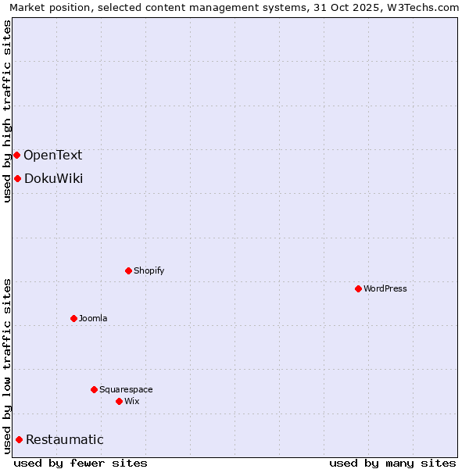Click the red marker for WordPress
point(358,288)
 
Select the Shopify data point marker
point(128,270)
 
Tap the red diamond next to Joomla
point(73,318)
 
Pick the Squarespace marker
point(94,389)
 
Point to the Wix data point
point(119,401)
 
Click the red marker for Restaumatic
point(19,439)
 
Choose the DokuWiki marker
point(17,178)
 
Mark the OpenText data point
point(16,155)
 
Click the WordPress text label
point(385,288)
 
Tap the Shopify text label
point(149,270)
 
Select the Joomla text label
point(93,318)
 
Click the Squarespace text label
point(126,389)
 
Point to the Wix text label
point(132,401)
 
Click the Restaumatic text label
point(64,439)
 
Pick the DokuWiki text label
point(53,178)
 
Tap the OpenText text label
point(52,155)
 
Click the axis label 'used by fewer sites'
point(81,463)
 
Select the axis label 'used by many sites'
point(392,463)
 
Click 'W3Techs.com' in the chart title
point(426,7)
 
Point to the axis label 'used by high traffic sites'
point(7,111)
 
